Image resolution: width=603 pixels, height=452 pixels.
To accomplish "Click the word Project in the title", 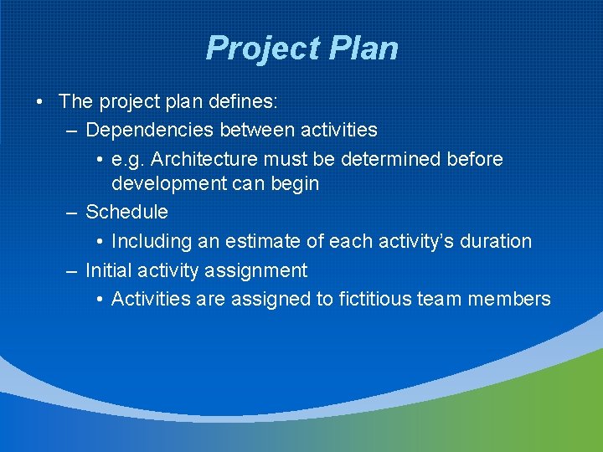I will click(255, 49).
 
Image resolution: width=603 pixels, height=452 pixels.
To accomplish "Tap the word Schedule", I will click(126, 212).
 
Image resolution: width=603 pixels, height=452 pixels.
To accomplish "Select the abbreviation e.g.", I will click(128, 159).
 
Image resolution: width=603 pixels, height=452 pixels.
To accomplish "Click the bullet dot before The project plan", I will click(40, 101).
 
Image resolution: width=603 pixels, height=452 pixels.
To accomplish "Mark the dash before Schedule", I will click(72, 213).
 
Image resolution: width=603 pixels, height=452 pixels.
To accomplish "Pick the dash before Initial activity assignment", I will click(72, 271).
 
